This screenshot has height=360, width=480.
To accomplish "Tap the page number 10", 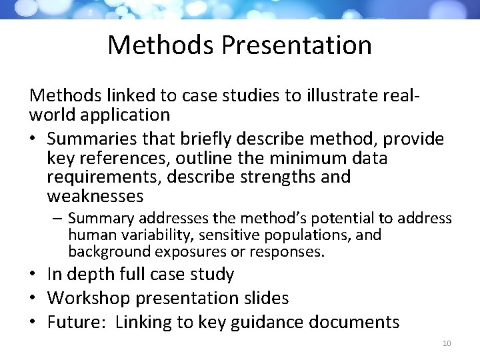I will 447,343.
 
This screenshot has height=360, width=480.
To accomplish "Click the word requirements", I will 105,177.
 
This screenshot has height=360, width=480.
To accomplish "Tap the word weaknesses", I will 95,196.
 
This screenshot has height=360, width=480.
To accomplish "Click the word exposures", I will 188,251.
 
